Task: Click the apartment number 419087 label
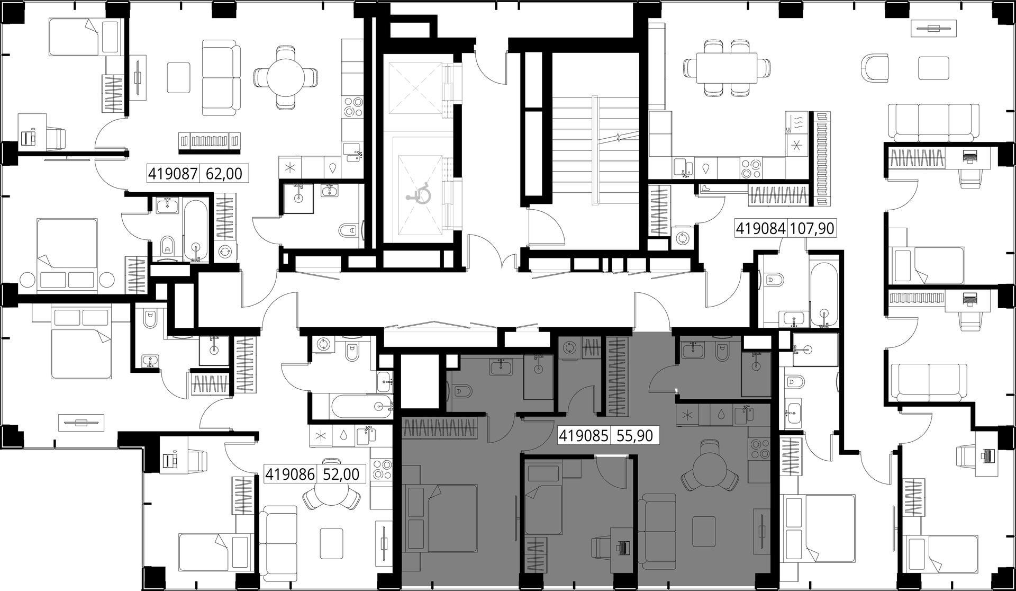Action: pos(173,173)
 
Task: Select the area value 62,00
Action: pos(224,173)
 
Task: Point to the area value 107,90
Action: pos(812,229)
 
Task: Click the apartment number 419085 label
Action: pos(584,436)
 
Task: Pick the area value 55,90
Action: pos(634,436)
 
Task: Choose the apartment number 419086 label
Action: pos(290,474)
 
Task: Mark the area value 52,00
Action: pos(341,474)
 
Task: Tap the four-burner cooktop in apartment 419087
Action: pos(352,106)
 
